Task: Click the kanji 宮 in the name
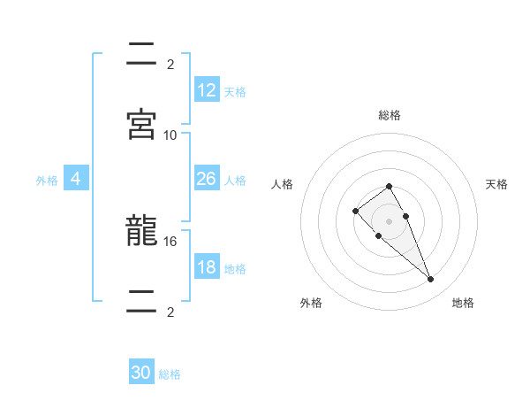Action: (141, 125)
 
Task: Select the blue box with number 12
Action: (207, 90)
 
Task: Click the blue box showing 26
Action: (207, 179)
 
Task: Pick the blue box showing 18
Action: (207, 267)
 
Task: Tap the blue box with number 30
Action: (141, 373)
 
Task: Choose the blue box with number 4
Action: (76, 179)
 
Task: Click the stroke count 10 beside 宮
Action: (170, 135)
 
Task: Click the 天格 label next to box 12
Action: (235, 91)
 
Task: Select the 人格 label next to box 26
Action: (235, 180)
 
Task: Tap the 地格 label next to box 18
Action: (235, 268)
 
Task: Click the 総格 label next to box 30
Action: (170, 374)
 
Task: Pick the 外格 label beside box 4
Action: (47, 180)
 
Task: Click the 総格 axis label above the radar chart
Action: (389, 115)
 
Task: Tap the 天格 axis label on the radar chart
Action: (497, 184)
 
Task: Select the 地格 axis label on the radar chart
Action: (463, 303)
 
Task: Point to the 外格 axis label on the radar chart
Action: (311, 303)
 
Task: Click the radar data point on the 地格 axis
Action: (430, 280)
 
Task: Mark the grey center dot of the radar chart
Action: (389, 221)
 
